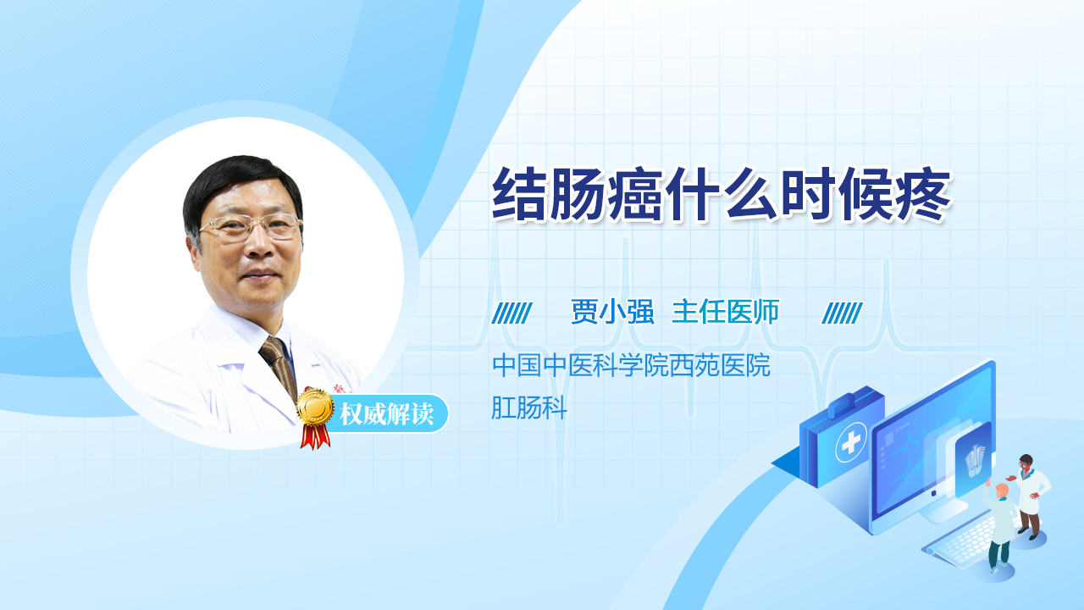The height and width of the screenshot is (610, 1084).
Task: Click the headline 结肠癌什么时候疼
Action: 721,195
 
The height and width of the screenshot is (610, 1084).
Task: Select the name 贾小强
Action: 612,311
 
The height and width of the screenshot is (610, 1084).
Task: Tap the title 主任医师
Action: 726,311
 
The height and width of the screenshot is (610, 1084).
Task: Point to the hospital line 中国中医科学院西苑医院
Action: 631,365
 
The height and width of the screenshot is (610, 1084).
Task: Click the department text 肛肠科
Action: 529,408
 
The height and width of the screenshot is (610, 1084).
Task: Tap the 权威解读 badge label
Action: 386,414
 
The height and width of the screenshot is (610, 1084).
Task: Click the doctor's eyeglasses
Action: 251,226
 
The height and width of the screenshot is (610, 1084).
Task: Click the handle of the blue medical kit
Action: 849,403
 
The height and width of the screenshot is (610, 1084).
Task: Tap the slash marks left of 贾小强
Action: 512,313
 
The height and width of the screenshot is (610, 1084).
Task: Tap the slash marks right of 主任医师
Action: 842,313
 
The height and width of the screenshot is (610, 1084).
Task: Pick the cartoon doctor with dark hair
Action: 1030,496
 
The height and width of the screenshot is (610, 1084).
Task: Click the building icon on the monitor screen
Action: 975,459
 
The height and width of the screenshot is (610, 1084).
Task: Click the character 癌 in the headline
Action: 635,195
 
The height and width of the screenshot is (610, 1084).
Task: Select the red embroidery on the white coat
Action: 343,389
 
